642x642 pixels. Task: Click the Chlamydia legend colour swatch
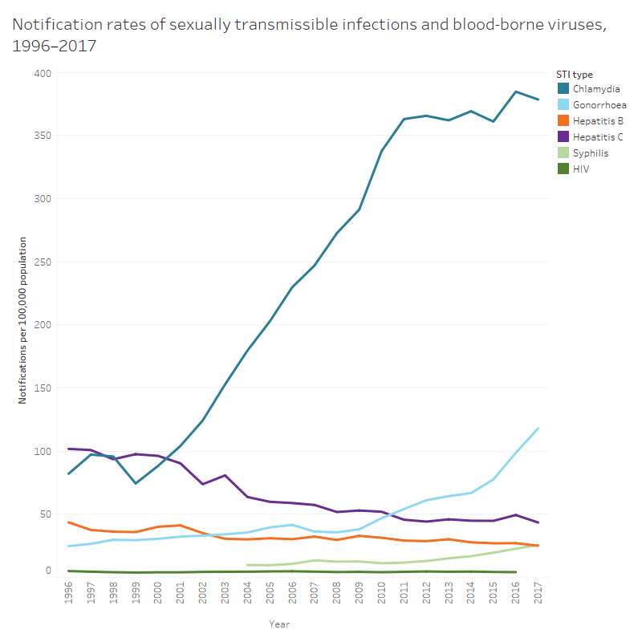click(563, 88)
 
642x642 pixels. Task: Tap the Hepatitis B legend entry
click(597, 120)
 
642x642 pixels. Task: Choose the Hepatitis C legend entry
click(597, 136)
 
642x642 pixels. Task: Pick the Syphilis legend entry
click(591, 152)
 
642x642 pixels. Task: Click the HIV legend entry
click(581, 169)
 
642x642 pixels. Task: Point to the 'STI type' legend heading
click(575, 74)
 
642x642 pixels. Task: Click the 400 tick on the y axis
click(43, 73)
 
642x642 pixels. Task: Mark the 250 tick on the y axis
click(43, 262)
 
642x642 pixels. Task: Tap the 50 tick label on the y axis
click(45, 514)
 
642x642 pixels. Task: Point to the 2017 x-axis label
click(538, 595)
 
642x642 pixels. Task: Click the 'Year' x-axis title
click(279, 624)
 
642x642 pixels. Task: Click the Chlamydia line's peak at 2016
click(515, 91)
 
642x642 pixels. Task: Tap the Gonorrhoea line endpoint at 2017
click(538, 428)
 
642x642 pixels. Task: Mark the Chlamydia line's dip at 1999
click(136, 483)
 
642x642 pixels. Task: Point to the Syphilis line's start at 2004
click(247, 565)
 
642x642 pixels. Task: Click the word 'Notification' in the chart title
click(52, 25)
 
